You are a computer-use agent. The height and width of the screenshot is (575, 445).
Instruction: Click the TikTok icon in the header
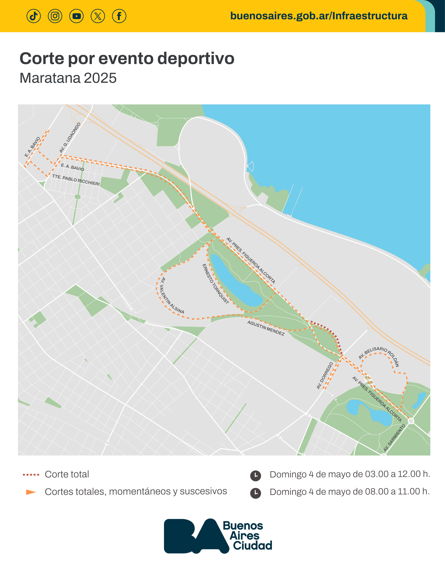click(34, 16)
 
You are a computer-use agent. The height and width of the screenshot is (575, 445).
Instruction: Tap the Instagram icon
click(55, 16)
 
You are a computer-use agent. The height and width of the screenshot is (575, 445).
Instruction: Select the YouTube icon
click(76, 16)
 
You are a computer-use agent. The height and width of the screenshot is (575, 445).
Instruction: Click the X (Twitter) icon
click(98, 16)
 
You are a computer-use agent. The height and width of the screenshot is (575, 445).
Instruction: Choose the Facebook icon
click(119, 16)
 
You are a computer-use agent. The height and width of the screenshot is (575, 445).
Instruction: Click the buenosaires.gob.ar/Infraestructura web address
click(319, 16)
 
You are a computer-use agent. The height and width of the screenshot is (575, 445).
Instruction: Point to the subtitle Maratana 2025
click(68, 78)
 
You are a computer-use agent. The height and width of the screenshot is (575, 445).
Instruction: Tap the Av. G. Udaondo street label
click(70, 138)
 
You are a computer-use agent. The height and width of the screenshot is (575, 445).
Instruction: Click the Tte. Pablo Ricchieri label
click(76, 180)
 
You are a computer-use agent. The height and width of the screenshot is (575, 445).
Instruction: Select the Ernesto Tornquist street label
click(215, 284)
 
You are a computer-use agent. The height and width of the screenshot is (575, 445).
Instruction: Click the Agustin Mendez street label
click(266, 328)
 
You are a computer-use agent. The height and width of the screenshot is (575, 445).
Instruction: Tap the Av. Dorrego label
click(325, 375)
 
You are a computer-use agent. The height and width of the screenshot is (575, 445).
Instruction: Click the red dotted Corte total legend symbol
click(31, 475)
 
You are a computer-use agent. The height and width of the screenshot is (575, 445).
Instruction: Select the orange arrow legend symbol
click(31, 492)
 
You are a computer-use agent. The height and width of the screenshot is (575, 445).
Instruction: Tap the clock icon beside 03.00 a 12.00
click(255, 476)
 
